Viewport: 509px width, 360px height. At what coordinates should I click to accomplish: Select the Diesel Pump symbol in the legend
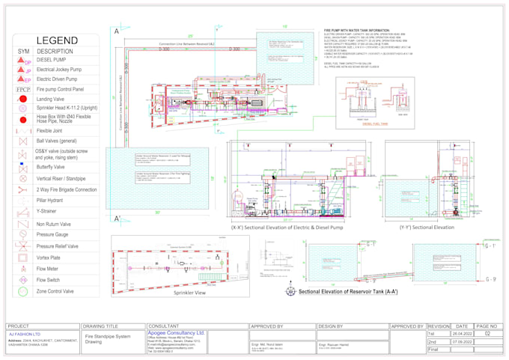pyautogui.click(x=24, y=62)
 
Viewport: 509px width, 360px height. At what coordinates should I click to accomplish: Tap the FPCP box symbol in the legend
pyautogui.click(x=24, y=88)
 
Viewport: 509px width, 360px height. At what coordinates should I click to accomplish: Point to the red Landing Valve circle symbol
pyautogui.click(x=24, y=99)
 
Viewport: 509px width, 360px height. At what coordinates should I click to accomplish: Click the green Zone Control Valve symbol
pyautogui.click(x=24, y=290)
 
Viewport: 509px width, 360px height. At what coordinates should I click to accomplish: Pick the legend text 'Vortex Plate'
pyautogui.click(x=55, y=256)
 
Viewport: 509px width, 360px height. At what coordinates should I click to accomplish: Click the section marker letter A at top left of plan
pyautogui.click(x=117, y=32)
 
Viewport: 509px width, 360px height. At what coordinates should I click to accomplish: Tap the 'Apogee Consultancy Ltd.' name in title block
pyautogui.click(x=177, y=332)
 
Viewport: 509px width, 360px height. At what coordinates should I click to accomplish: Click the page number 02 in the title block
pyautogui.click(x=488, y=334)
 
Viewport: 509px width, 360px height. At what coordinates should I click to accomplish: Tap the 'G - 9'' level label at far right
pyautogui.click(x=490, y=279)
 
